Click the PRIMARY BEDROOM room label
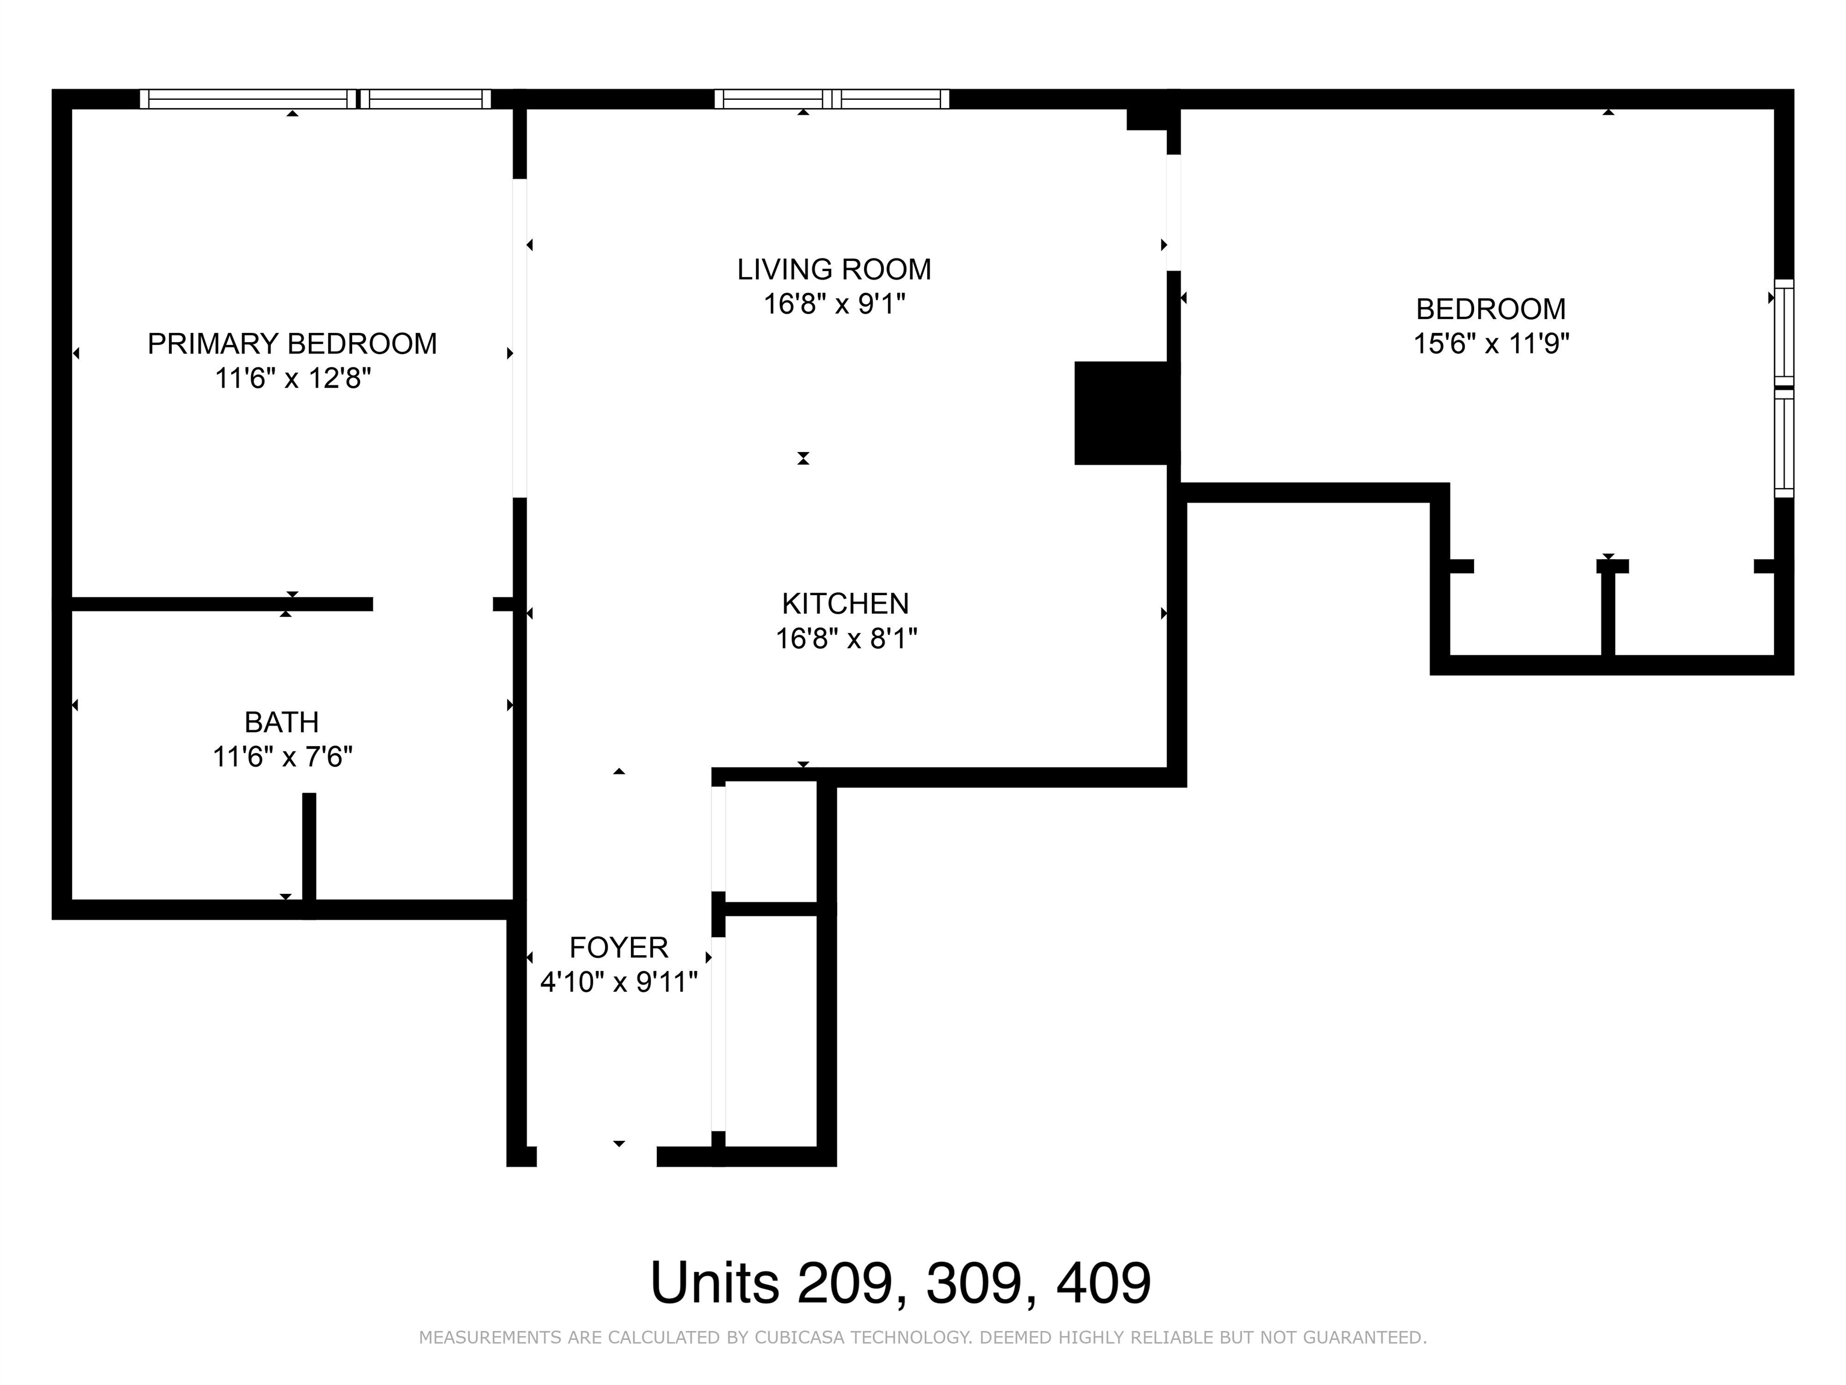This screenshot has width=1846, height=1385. [x=292, y=343]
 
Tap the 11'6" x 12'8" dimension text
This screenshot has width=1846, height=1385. [x=293, y=378]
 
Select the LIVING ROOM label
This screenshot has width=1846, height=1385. [x=833, y=269]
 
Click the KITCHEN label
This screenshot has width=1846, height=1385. [x=845, y=603]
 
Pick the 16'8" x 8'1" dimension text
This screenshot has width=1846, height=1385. [x=846, y=638]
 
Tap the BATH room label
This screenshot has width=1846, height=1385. [x=281, y=721]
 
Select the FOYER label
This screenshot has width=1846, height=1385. [x=618, y=947]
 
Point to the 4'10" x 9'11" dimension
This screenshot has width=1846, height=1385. [x=618, y=982]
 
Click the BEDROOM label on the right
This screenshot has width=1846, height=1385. [x=1490, y=309]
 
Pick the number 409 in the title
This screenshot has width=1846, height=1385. [x=1103, y=1282]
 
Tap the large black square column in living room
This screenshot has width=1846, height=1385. [x=1120, y=412]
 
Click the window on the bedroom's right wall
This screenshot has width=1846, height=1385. [x=1784, y=388]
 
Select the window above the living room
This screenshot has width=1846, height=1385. [x=832, y=99]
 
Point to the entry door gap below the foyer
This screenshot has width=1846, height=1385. [x=597, y=1156]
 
